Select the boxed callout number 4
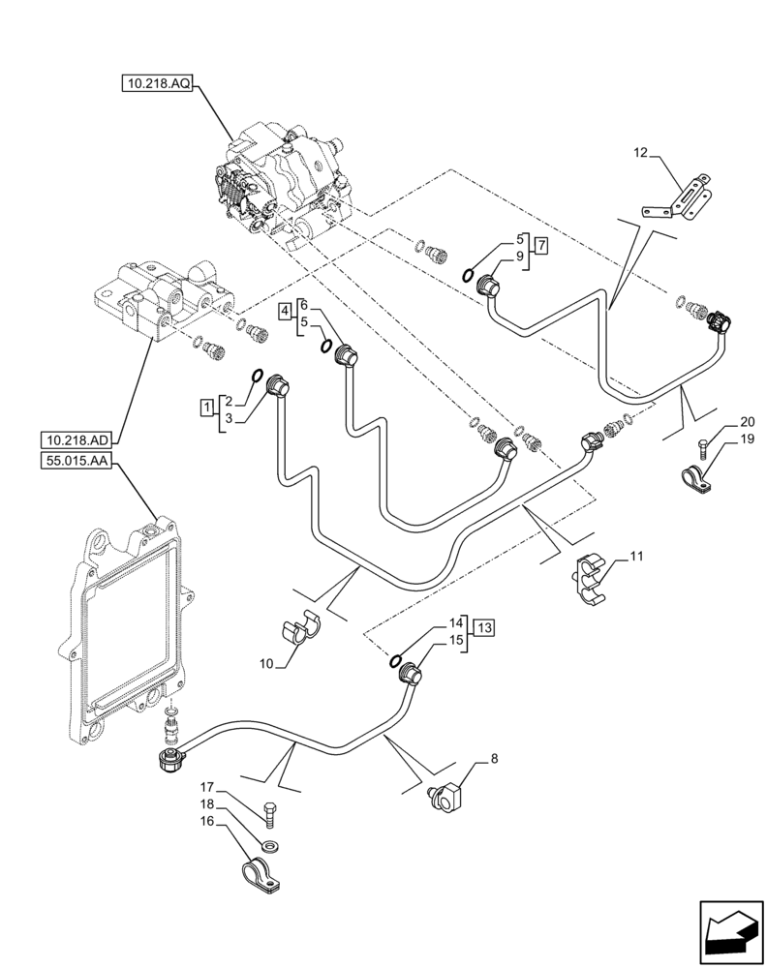(x=285, y=310)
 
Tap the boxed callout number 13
(x=484, y=629)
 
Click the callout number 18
(x=208, y=804)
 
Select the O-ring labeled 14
(x=396, y=661)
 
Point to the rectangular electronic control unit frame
(x=126, y=620)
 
